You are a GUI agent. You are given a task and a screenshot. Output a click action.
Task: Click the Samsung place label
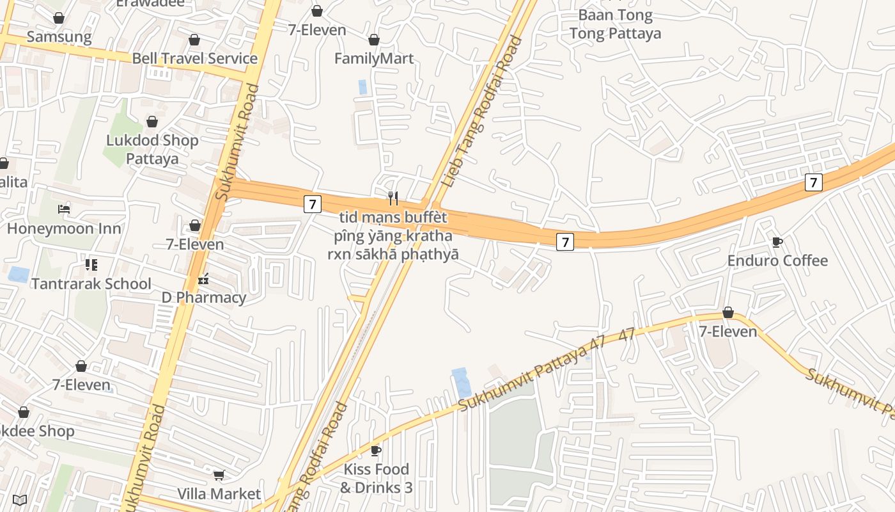59,37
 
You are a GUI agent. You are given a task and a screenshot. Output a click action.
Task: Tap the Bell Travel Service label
194,59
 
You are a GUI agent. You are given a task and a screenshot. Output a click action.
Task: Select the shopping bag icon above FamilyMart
374,40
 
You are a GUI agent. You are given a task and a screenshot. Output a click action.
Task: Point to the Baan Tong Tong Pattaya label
615,24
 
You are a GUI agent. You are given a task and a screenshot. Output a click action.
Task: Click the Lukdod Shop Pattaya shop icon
152,122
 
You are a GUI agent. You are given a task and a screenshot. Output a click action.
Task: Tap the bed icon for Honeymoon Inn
63,209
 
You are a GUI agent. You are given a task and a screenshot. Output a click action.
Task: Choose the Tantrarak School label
91,284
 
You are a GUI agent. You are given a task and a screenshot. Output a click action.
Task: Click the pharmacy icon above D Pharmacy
203,279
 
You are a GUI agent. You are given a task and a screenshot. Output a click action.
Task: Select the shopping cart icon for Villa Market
219,475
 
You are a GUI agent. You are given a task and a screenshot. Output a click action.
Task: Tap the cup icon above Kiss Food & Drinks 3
376,451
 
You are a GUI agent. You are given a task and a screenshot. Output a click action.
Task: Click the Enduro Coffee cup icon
777,242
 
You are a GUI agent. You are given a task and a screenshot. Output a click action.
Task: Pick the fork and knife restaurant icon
393,198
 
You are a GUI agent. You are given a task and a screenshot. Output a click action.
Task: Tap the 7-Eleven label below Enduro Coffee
728,332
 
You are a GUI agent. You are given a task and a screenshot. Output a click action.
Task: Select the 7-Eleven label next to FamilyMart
317,30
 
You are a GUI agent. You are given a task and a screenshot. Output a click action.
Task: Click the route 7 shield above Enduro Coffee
813,182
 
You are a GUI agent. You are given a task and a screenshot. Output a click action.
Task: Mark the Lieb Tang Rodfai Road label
482,113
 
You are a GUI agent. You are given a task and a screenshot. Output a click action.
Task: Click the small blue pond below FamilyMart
362,87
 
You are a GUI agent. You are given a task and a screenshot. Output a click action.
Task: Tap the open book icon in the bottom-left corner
19,499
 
